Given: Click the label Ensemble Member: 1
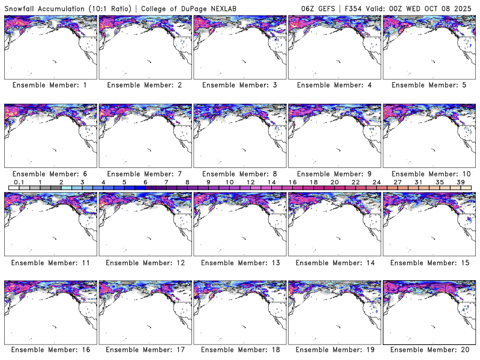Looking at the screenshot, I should pyautogui.click(x=49, y=85).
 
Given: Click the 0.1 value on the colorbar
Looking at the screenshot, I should pyautogui.click(x=19, y=182).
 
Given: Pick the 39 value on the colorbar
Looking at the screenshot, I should pyautogui.click(x=460, y=182).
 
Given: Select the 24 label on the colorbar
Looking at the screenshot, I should pyautogui.click(x=376, y=182).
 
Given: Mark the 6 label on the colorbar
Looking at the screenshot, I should pyautogui.click(x=145, y=182).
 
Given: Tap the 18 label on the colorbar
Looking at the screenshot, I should pyautogui.click(x=313, y=182).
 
